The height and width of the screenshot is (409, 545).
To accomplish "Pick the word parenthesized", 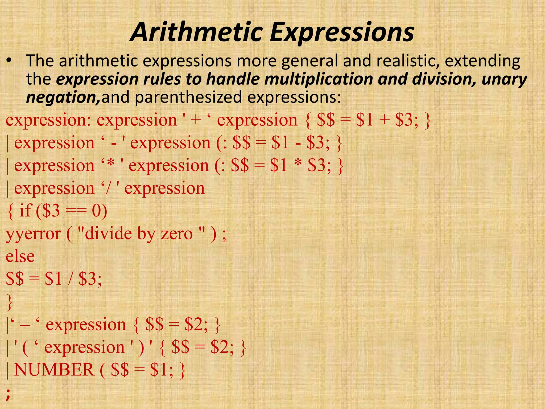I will [x=188, y=97].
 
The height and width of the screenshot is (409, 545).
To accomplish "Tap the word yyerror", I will [x=34, y=234].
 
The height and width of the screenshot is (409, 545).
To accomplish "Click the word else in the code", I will [x=20, y=256].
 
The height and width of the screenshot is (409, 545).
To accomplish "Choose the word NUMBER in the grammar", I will [x=54, y=370].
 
